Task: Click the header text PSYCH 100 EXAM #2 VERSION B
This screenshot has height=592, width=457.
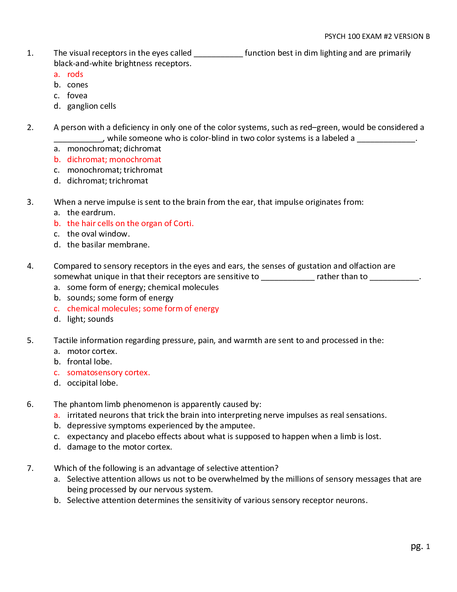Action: [377, 36]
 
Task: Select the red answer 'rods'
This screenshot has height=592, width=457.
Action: [75, 74]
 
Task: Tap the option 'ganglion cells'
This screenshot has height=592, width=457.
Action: [91, 106]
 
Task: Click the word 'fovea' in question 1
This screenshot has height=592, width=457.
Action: [77, 96]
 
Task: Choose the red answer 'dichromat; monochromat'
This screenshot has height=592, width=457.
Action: [114, 160]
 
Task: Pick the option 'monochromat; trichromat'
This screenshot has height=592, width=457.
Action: [115, 170]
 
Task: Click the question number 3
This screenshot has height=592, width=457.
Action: [30, 202]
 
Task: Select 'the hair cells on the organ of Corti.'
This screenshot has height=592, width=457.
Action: [130, 223]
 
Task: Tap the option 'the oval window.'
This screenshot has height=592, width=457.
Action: [98, 234]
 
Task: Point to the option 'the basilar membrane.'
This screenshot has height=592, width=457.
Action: [108, 245]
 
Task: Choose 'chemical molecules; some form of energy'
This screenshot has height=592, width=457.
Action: [143, 309]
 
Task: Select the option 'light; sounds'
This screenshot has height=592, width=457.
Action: [90, 319]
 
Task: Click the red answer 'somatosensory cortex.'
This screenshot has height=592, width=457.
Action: [108, 373]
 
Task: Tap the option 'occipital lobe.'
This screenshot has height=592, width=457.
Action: [92, 383]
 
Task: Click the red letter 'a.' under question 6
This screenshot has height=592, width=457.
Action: [57, 415]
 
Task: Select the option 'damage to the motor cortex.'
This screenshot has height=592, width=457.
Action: [119, 447]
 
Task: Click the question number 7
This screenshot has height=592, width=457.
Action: [30, 468]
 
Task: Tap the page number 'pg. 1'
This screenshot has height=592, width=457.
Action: [420, 546]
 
